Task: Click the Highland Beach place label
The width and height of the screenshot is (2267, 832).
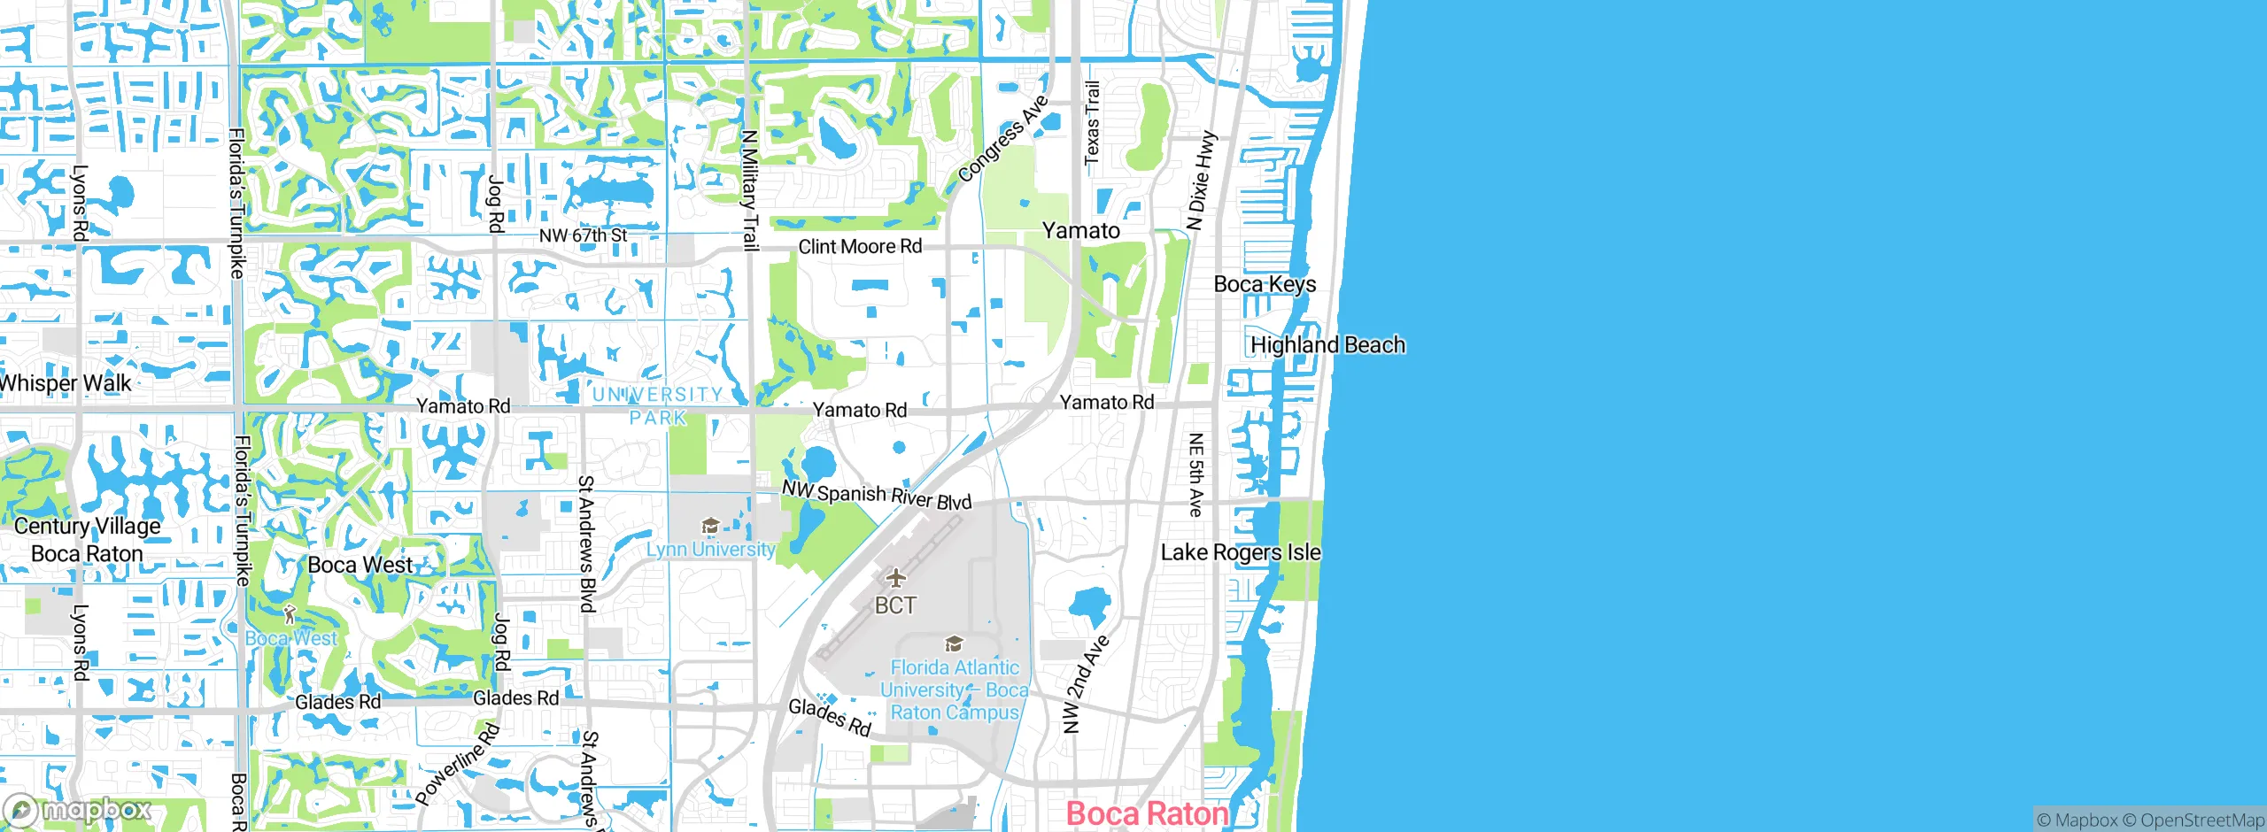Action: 1327,344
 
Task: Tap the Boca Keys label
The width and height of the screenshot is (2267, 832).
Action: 1265,284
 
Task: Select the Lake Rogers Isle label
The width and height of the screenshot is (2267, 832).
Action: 1240,552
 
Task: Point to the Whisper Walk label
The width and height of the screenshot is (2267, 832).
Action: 66,383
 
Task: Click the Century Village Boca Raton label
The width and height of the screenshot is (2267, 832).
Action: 87,540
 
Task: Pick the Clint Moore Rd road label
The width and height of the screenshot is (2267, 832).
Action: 860,246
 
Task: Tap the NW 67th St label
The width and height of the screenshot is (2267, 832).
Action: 583,235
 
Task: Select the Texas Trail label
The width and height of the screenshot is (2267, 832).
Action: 1093,122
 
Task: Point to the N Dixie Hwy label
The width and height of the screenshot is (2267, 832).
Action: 1202,181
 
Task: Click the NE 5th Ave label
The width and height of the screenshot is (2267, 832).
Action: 1195,474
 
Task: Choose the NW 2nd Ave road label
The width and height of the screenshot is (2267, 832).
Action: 1085,683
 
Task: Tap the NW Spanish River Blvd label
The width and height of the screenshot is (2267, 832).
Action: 877,495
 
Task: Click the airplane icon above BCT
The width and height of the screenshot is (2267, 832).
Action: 896,579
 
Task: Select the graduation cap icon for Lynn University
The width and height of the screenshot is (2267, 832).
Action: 709,527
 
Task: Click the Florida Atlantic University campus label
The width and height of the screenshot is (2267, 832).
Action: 955,690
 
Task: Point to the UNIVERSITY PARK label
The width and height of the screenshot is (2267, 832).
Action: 658,405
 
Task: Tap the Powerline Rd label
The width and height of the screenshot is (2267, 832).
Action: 458,765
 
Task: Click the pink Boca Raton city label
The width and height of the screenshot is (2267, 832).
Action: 1147,813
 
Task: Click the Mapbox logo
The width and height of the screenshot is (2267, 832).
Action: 78,810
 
